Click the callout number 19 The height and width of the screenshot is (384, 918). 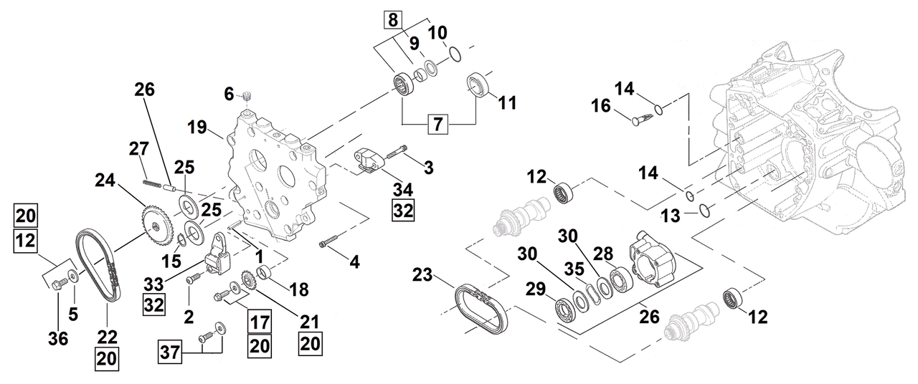coord(197,129)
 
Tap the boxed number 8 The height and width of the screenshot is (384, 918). coord(393,20)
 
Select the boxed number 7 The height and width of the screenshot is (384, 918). coord(439,125)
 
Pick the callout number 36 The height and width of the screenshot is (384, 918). coord(59,339)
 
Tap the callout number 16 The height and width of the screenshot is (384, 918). coord(602,106)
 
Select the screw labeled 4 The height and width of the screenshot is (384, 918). coord(327,242)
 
